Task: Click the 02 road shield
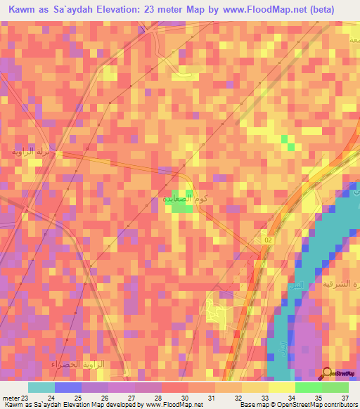pyautogui.click(x=267, y=240)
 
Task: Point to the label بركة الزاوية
pyautogui.click(x=34, y=152)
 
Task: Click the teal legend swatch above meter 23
pyautogui.click(x=41, y=387)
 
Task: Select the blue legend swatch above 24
pyautogui.click(x=67, y=387)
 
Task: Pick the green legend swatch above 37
pyautogui.click(x=335, y=387)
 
